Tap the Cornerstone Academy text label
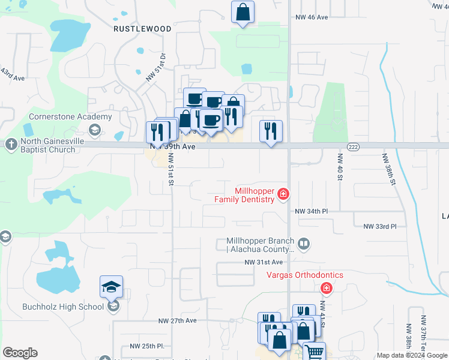pos(71,117)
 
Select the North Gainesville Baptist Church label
pos(48,145)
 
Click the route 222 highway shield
pos(353,146)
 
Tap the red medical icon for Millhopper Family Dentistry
pos(283,194)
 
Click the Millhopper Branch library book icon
pos(304,244)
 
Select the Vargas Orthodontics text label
pos(305,275)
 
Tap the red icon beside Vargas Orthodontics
pos(326,289)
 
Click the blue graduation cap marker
pos(112,287)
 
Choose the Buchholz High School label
pos(63,307)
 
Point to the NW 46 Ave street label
pos(312,17)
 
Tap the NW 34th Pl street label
pos(311,211)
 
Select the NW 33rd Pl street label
pos(380,226)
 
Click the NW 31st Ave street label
pos(263,262)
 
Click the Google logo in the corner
pos(20,353)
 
